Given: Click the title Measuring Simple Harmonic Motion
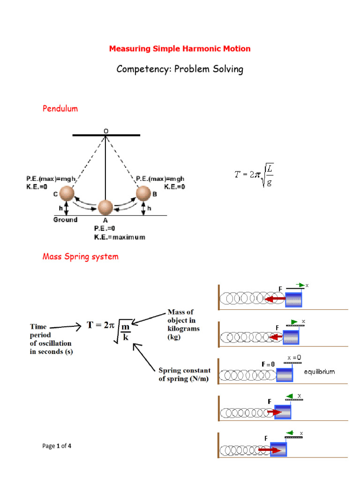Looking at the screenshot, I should tap(180, 49).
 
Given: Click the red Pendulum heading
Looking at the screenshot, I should tap(60, 109).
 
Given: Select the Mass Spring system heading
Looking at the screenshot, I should tap(80, 256).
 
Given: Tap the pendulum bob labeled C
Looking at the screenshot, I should tap(67, 193).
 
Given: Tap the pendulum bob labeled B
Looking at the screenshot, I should tap(144, 193).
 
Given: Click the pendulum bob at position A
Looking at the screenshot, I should tap(105, 207).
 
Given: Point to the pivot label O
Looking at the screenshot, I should tap(105, 131).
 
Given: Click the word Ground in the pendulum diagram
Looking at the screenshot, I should tap(65, 219).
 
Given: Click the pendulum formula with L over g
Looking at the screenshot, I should tap(254, 176).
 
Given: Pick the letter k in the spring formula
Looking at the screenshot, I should tap(125, 337).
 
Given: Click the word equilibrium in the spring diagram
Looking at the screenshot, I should tap(319, 371).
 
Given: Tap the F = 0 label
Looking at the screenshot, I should tap(268, 364).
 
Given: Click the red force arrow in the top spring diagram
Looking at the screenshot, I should tap(275, 299).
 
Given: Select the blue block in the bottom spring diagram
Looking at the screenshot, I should tap(277, 449).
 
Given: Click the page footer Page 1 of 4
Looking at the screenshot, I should tap(57, 446).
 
